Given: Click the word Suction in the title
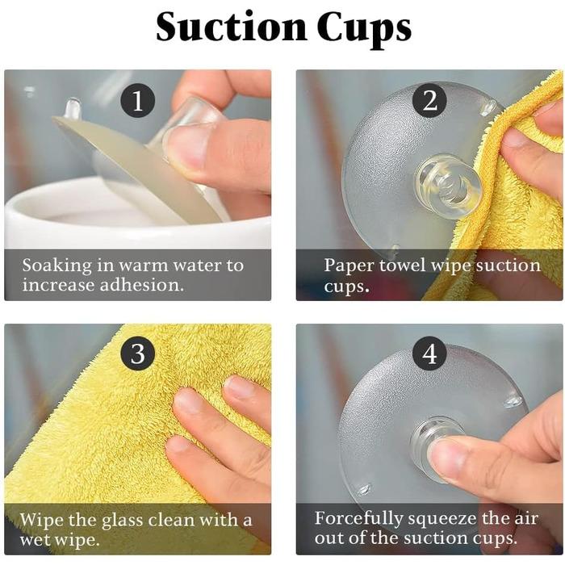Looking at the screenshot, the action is tap(231, 27).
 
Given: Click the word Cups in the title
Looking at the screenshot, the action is tap(364, 30).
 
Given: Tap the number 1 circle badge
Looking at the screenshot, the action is tap(138, 100).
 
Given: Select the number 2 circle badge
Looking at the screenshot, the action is tap(429, 100).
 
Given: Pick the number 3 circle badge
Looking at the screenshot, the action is tap(138, 354).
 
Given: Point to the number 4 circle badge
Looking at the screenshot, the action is tap(429, 354).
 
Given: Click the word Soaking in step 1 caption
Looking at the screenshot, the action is tap(57, 266).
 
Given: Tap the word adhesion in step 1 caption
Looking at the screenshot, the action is tap(141, 285).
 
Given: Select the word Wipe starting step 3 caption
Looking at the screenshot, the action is tap(43, 520).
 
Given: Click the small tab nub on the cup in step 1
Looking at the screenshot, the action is tap(72, 107).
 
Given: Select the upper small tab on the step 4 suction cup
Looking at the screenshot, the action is tap(513, 401).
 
